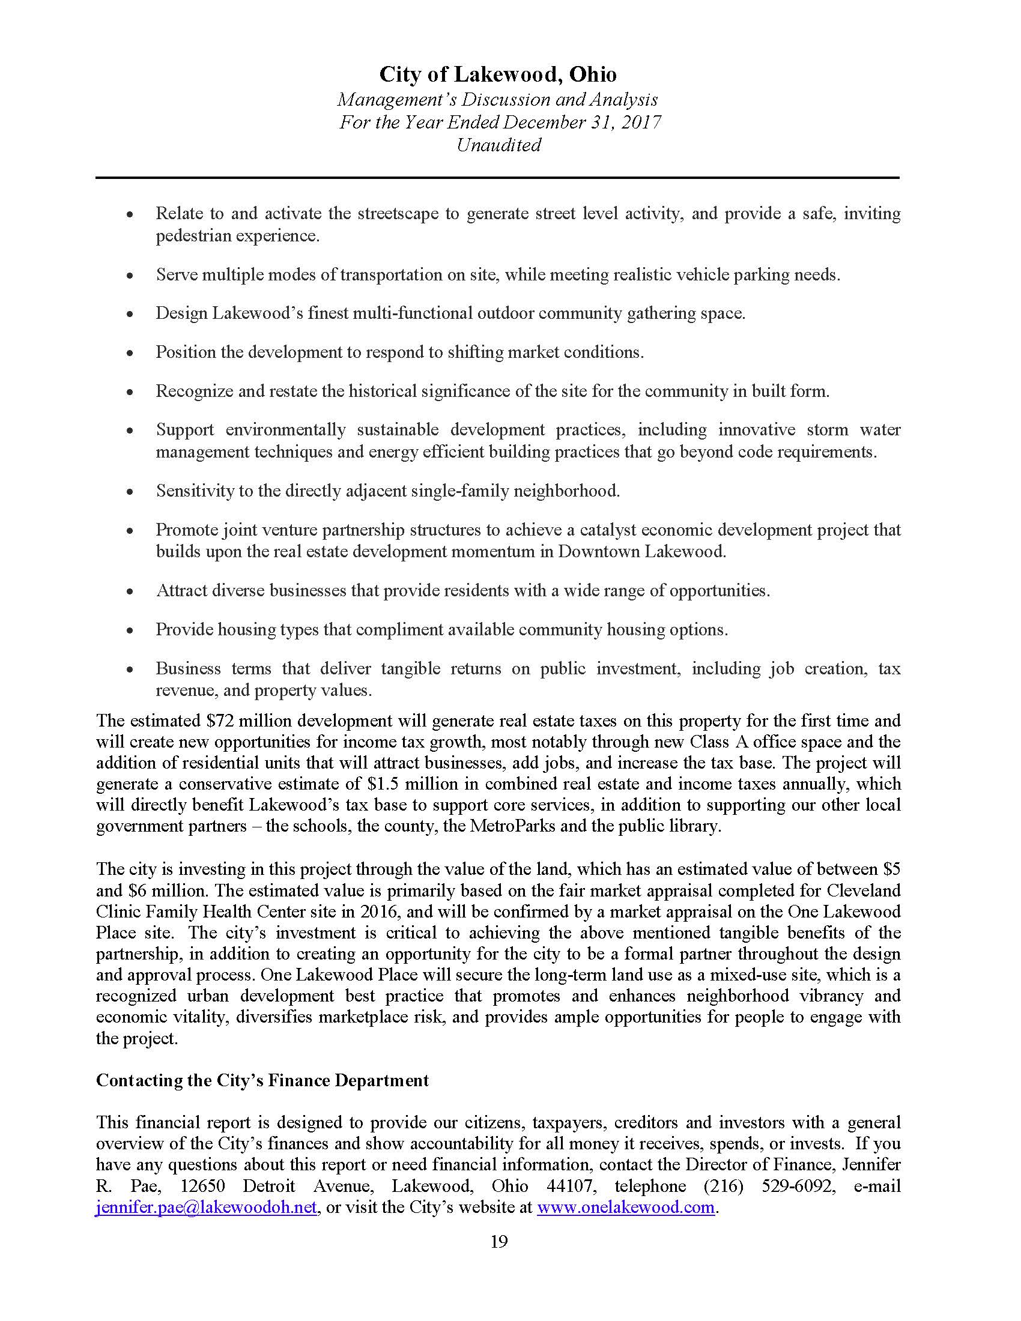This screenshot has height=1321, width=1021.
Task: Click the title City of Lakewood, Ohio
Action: pyautogui.click(x=498, y=74)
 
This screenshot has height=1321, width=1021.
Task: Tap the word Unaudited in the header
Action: pyautogui.click(x=498, y=145)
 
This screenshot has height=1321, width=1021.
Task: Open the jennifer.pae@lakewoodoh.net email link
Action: pyautogui.click(x=206, y=1208)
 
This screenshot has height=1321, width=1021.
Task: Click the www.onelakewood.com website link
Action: pyautogui.click(x=625, y=1208)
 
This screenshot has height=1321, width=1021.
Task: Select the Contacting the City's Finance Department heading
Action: pyautogui.click(x=262, y=1080)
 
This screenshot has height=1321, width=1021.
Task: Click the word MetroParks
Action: pyautogui.click(x=507, y=826)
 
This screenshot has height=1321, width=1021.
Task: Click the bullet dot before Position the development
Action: pyautogui.click(x=130, y=353)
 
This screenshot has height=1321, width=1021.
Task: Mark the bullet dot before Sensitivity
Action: pyautogui.click(x=130, y=492)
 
